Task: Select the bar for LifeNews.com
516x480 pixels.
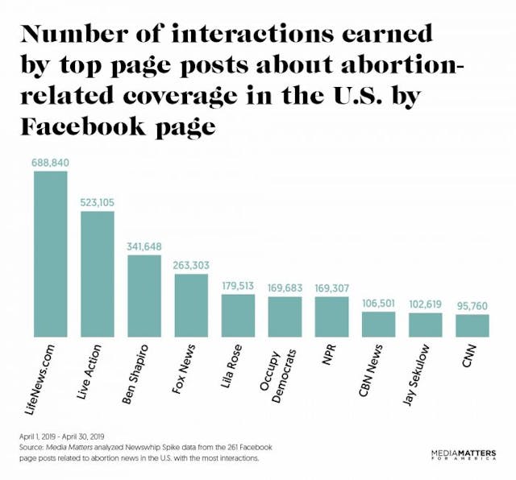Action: point(50,254)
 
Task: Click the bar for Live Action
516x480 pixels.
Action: point(97,274)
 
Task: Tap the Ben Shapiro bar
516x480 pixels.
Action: point(144,296)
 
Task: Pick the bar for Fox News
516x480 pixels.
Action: point(191,305)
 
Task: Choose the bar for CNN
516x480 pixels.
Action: point(472,325)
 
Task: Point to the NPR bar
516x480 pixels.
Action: point(331,317)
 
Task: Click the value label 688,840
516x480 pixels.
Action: point(51,163)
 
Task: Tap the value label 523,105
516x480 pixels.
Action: point(98,203)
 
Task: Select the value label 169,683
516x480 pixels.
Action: point(285,288)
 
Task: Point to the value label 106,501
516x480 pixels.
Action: point(378,302)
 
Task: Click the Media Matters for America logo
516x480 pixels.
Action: point(464,455)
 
